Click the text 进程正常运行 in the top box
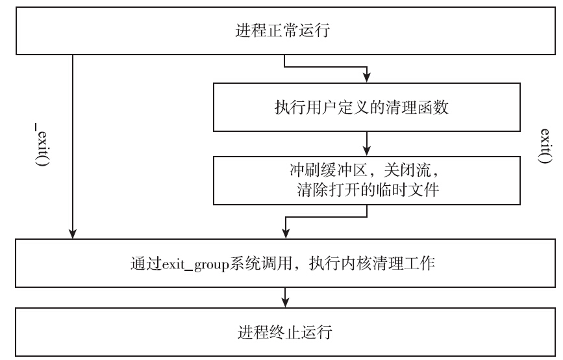pyautogui.click(x=284, y=31)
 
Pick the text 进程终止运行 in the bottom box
pyautogui.click(x=284, y=333)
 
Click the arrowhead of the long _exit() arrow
pyautogui.click(x=73, y=233)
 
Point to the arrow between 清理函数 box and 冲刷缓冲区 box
pyautogui.click(x=368, y=142)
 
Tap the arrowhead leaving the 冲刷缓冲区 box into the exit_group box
pyautogui.click(x=284, y=233)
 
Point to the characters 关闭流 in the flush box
pyautogui.click(x=407, y=175)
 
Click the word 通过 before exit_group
pyautogui.click(x=142, y=265)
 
